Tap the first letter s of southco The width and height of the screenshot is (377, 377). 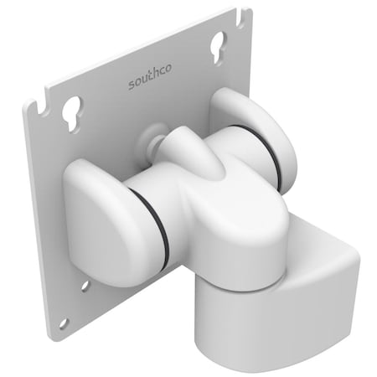pos(132,85)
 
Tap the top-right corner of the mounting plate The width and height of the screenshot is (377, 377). pos(250,12)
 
